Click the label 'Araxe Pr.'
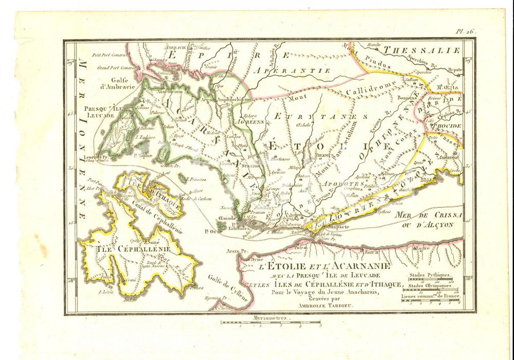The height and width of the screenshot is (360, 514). pyautogui.click(x=236, y=254)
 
